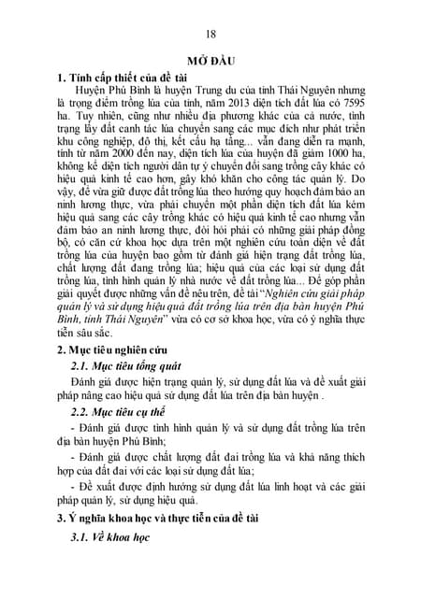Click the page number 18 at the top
(210, 35)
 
